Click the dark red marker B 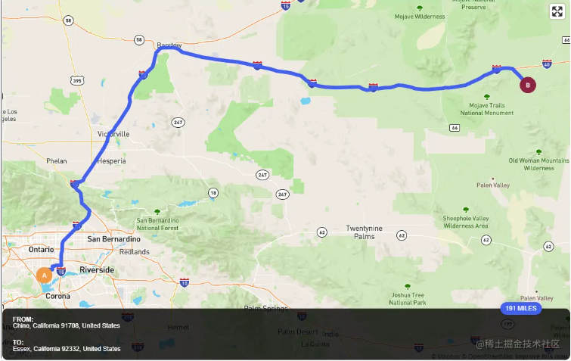click(528, 85)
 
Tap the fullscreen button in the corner click(557, 11)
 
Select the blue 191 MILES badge click(521, 309)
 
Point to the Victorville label click(113, 134)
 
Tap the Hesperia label click(111, 161)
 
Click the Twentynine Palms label click(365, 232)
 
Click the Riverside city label click(97, 269)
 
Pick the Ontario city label click(41, 249)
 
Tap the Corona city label click(57, 296)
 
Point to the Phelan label click(57, 160)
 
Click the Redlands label click(135, 252)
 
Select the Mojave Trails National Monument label click(486, 109)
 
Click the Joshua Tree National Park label click(407, 298)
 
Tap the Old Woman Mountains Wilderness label click(538, 164)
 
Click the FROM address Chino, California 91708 click(67, 325)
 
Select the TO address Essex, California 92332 click(67, 349)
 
